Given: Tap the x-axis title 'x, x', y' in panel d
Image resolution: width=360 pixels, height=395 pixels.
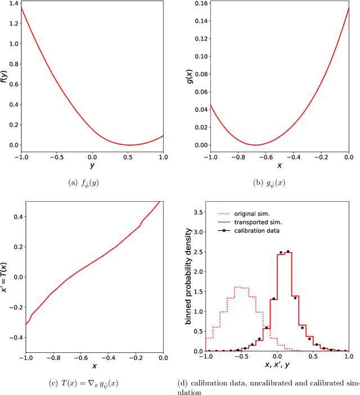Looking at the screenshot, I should (277, 365).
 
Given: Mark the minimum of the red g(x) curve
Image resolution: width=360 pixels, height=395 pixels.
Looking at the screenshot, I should (255, 145).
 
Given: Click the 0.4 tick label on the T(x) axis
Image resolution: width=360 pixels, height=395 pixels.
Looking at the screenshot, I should (17, 216).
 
